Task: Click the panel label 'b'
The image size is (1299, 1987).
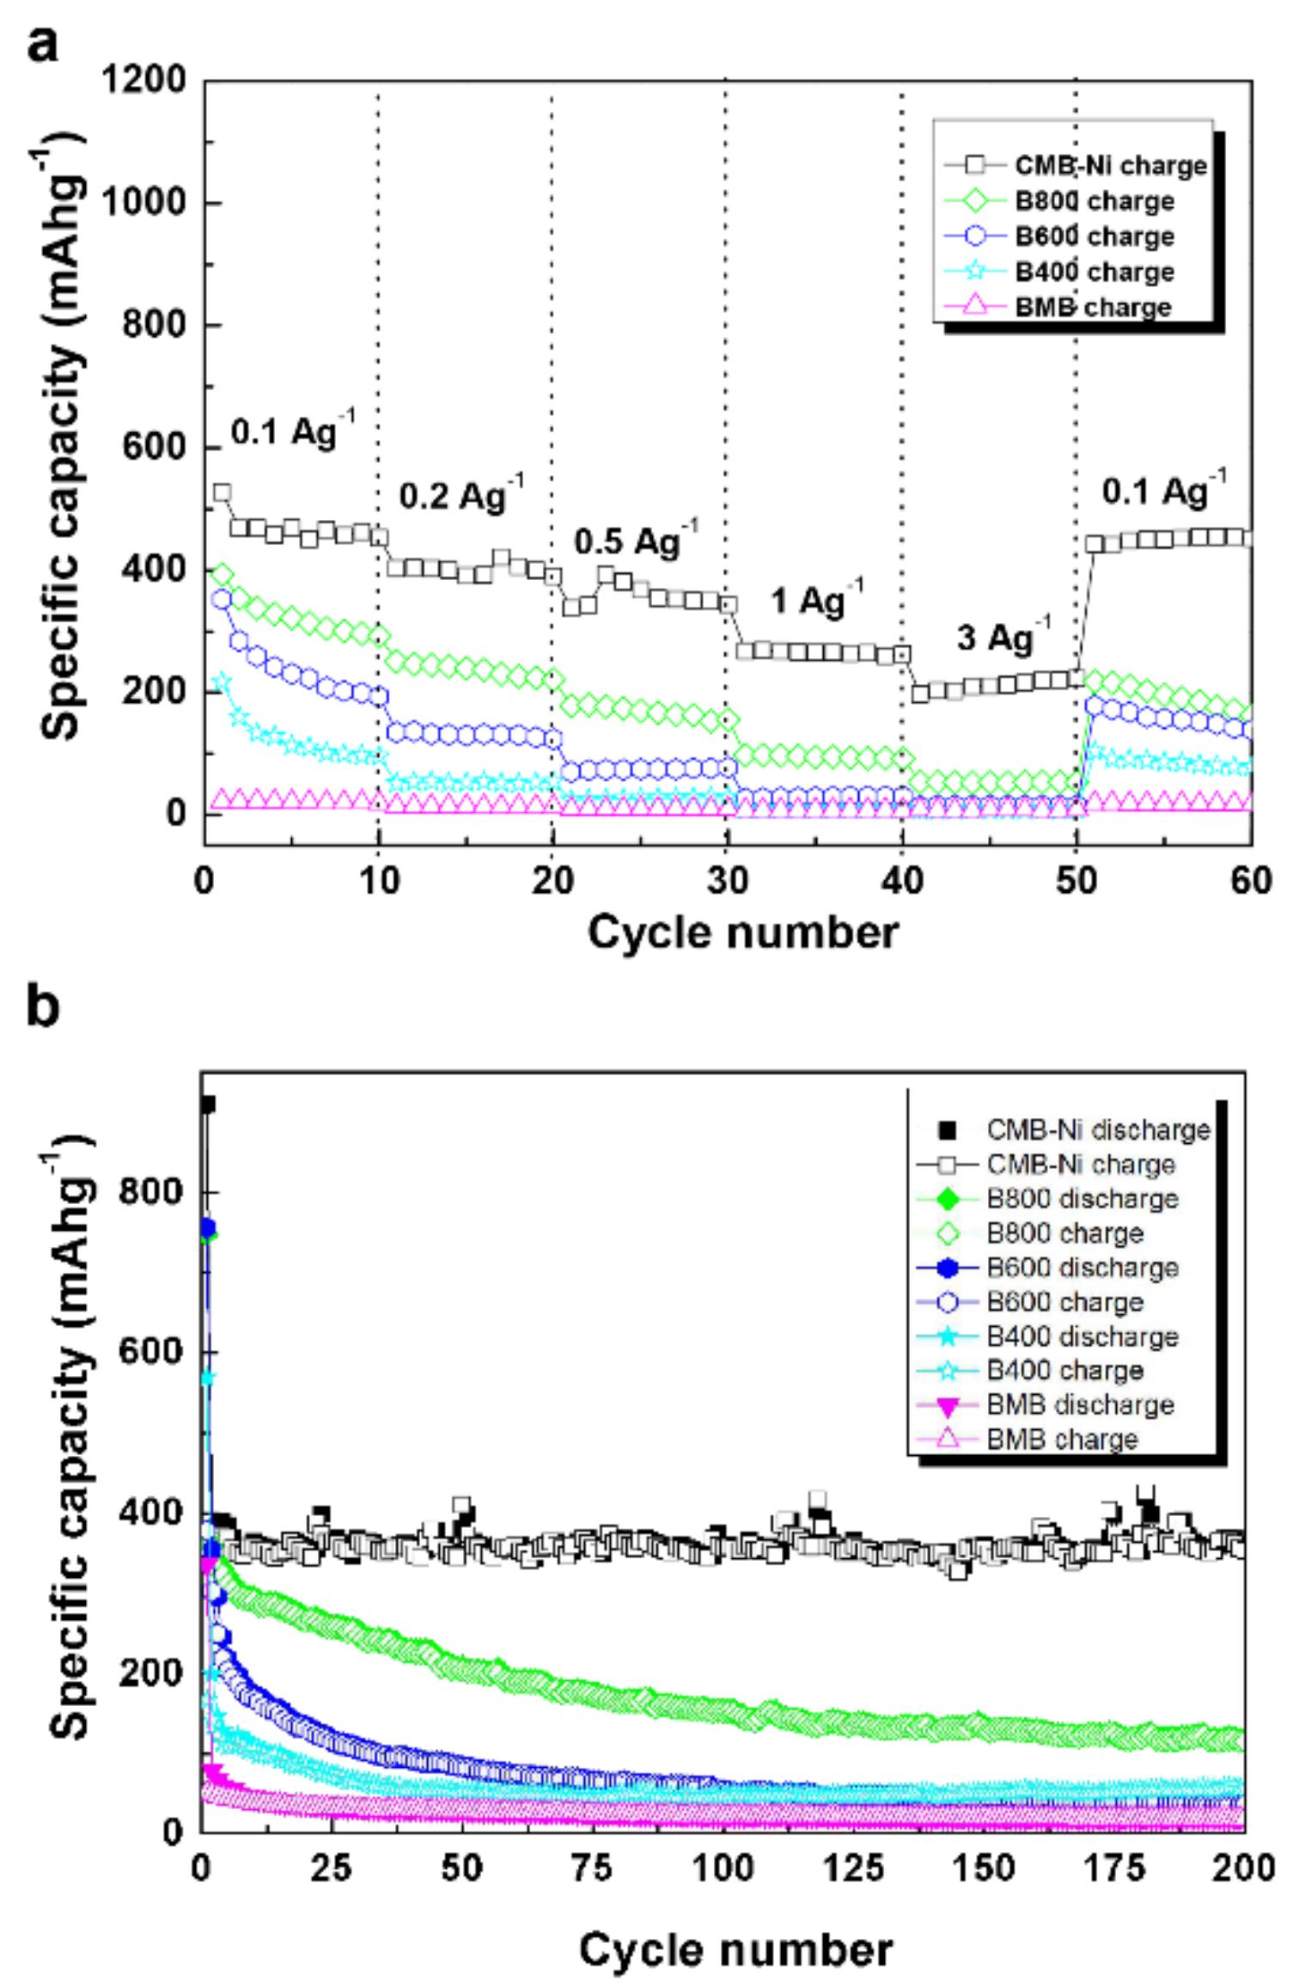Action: click(43, 1006)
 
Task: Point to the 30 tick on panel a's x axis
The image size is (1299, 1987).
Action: click(728, 880)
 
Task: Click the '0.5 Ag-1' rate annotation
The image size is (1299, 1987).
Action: click(635, 541)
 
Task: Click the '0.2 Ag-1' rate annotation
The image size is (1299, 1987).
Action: click(460, 495)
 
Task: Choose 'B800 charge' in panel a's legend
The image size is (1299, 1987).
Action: click(1094, 201)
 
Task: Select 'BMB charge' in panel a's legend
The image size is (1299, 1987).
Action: click(1092, 307)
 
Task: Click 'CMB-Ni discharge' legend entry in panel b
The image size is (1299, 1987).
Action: click(1097, 1129)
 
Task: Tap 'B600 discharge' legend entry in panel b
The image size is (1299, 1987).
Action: click(1082, 1268)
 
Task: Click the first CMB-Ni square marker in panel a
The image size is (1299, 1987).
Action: click(223, 492)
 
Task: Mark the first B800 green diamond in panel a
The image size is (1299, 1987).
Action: click(223, 575)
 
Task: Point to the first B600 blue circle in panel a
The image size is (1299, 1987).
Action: click(223, 599)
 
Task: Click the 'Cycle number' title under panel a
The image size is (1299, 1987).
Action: click(742, 932)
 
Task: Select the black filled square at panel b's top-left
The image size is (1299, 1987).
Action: click(207, 1104)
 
